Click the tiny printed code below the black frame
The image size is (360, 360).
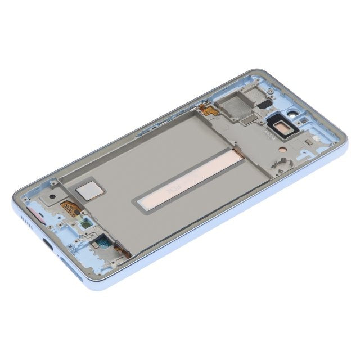264,136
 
